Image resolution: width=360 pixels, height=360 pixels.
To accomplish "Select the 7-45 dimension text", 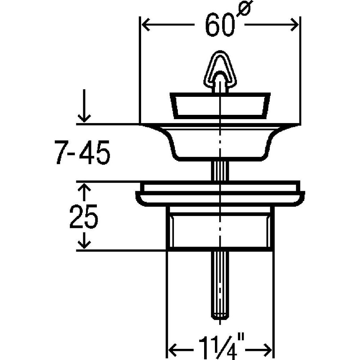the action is point(82,152).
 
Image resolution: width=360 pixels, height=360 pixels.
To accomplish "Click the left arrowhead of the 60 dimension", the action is point(146,24).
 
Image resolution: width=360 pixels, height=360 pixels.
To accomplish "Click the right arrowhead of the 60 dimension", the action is point(294,24).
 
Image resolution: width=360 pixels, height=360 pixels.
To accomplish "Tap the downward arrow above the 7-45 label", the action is point(84,106).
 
